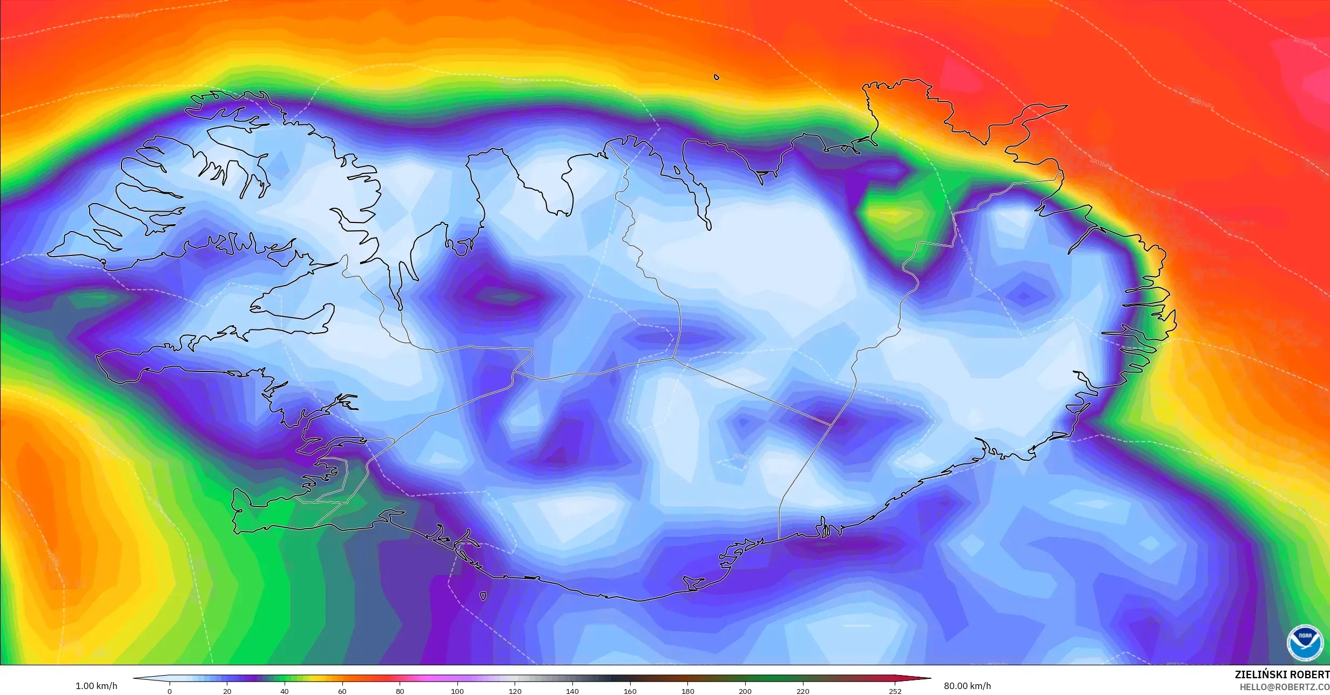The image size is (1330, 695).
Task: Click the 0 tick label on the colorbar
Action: (170, 691)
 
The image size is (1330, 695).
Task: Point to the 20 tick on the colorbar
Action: (227, 691)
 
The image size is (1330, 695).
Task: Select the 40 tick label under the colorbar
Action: (285, 691)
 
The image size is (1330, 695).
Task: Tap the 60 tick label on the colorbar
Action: (342, 691)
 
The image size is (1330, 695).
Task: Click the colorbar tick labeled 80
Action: (400, 691)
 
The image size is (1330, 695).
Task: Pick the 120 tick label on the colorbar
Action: (515, 691)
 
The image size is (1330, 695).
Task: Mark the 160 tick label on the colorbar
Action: (630, 691)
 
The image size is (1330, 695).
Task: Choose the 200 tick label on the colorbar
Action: (745, 691)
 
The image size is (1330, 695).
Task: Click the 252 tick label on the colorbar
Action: (895, 691)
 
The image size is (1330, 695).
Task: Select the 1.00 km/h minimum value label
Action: (96, 686)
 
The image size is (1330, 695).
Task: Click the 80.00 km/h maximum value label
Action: (967, 686)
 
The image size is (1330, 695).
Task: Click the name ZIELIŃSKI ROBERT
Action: (1282, 674)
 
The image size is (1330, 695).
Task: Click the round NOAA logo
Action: (1305, 643)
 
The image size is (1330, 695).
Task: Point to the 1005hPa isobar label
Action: (1304, 42)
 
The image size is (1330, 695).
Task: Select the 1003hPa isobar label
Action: (1202, 104)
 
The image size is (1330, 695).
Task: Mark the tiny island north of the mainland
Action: (717, 77)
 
